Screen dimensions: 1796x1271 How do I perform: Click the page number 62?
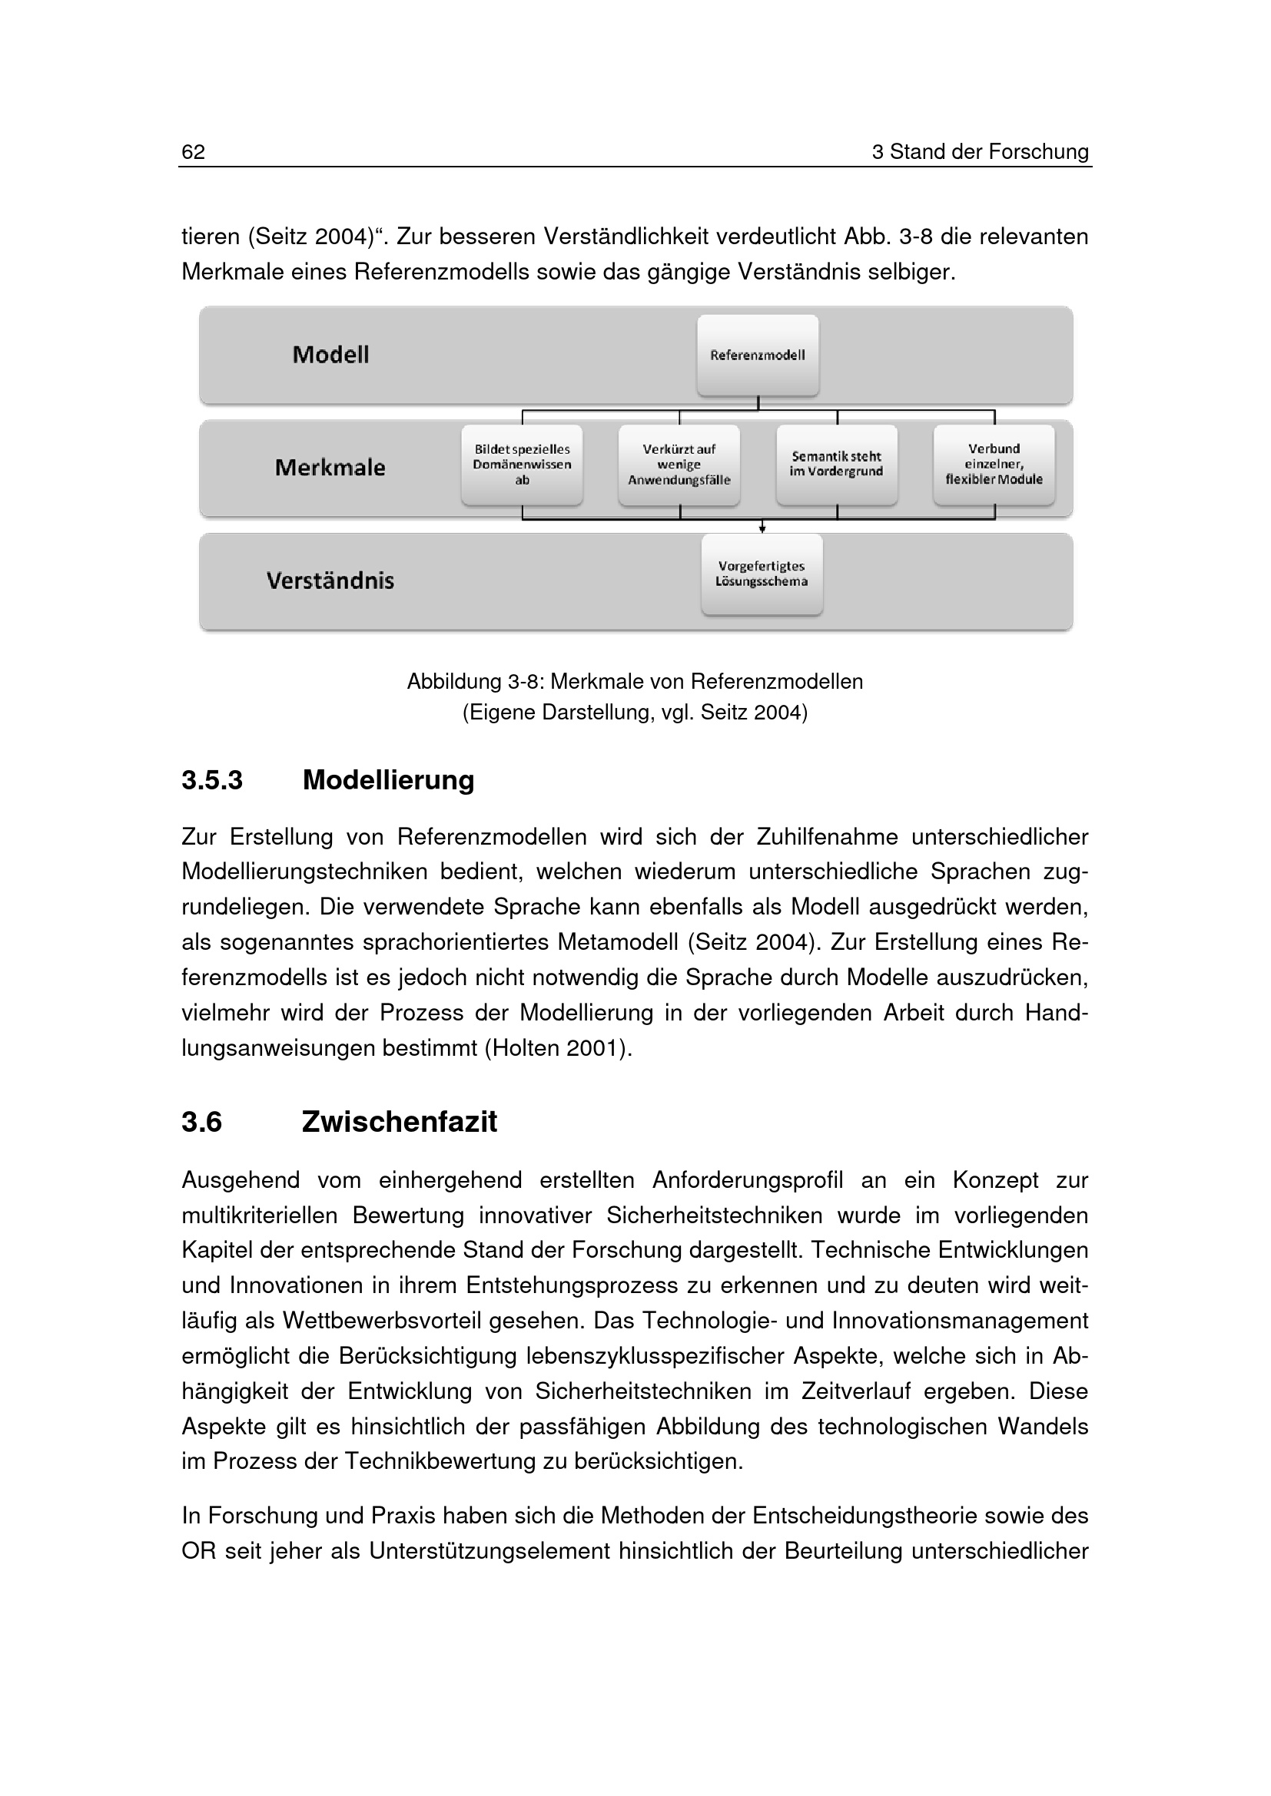click(193, 152)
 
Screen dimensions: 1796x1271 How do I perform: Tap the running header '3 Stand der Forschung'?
click(980, 152)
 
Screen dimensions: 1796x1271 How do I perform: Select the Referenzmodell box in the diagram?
click(758, 356)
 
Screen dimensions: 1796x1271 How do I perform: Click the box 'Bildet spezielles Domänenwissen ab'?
click(522, 465)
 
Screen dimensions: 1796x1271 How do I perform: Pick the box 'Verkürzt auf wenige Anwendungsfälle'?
click(679, 465)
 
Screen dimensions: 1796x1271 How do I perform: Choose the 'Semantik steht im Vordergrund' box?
click(837, 464)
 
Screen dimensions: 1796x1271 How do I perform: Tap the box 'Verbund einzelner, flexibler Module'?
click(994, 464)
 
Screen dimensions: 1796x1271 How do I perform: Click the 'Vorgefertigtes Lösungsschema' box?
click(762, 574)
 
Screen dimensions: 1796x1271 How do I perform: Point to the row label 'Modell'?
click(330, 356)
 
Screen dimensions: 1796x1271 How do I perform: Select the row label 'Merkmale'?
click(330, 468)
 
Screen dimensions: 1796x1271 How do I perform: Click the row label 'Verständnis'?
click(330, 581)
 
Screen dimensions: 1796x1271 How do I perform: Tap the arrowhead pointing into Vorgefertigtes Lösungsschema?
click(762, 530)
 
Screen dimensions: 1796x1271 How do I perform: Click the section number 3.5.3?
click(212, 781)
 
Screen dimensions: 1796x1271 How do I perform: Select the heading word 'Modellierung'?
click(388, 781)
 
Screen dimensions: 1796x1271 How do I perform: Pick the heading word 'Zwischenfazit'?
click(399, 1122)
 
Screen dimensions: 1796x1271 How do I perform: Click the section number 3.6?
click(202, 1122)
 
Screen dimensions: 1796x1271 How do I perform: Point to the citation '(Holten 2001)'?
click(557, 1048)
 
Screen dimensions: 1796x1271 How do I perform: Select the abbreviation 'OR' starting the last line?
click(198, 1551)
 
